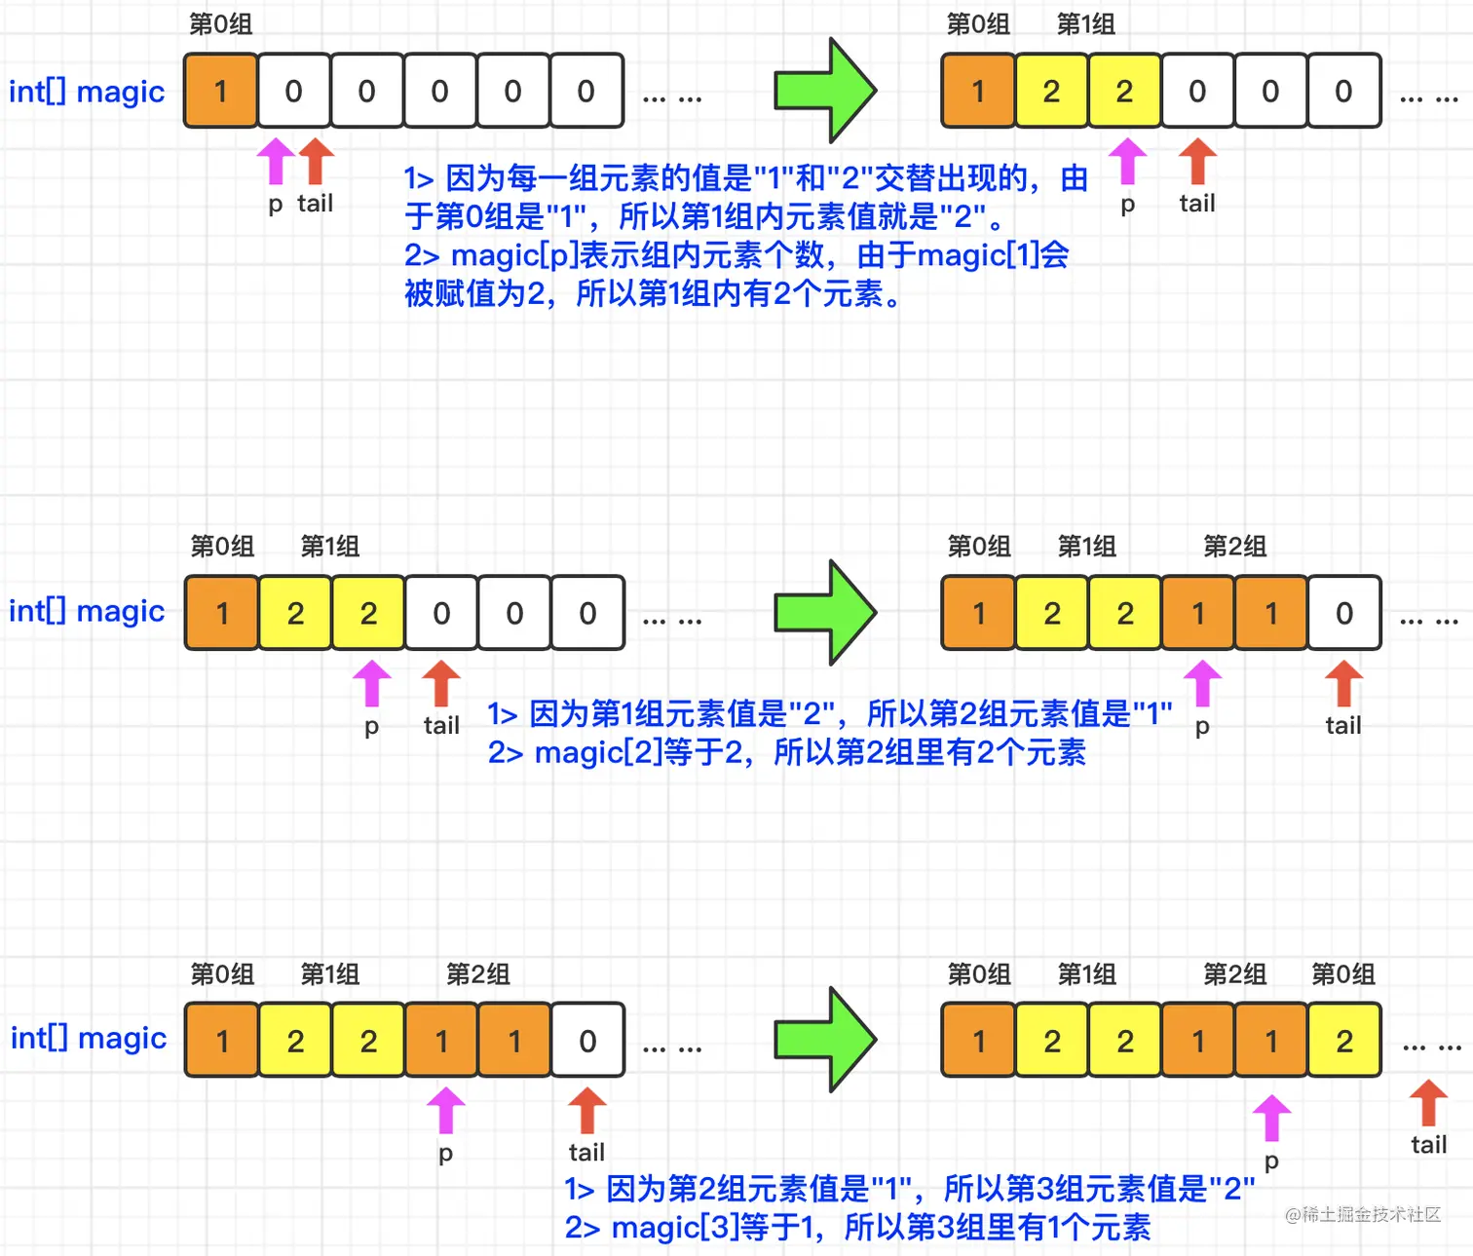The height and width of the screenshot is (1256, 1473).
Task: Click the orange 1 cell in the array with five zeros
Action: pyautogui.click(x=221, y=91)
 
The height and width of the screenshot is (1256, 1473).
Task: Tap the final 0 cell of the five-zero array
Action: pyautogui.click(x=586, y=91)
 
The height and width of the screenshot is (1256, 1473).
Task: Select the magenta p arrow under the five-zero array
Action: pyautogui.click(x=276, y=161)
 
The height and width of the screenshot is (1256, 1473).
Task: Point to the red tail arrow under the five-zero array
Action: pyautogui.click(x=316, y=161)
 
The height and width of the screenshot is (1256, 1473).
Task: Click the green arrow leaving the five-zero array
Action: pyautogui.click(x=825, y=91)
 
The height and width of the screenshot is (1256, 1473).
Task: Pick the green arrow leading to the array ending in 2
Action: pyautogui.click(x=825, y=1040)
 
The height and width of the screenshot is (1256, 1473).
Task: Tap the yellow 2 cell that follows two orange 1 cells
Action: pyautogui.click(x=1344, y=1041)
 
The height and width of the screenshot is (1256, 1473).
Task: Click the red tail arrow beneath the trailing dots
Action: pyautogui.click(x=1428, y=1104)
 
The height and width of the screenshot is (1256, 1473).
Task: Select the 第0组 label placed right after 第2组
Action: pyautogui.click(x=1342, y=973)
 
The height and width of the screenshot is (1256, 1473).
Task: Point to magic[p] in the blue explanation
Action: pyautogui.click(x=514, y=255)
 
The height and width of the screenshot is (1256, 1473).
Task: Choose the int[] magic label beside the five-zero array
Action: pyautogui.click(x=87, y=92)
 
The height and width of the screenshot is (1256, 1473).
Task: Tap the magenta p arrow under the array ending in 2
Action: pyautogui.click(x=1271, y=1118)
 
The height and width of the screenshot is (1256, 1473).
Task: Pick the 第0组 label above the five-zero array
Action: pyautogui.click(x=220, y=23)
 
